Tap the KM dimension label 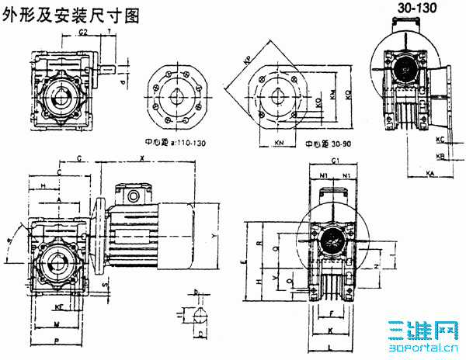click(332, 97)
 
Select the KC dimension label click(440, 140)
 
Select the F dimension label click(334, 314)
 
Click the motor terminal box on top click(130, 189)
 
